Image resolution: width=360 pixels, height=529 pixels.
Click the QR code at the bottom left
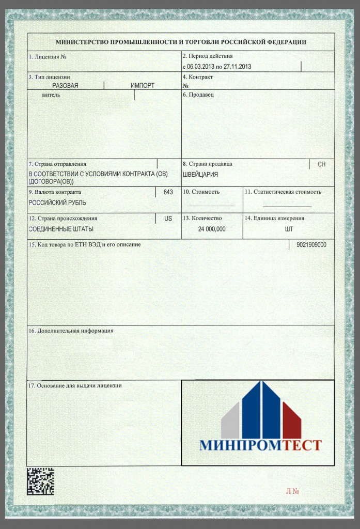40,481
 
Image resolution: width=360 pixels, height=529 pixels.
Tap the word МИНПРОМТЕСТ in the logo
260,445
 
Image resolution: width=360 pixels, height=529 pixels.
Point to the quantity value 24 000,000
212,229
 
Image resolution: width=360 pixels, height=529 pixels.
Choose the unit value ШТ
289,229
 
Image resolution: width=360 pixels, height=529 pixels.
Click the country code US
168,219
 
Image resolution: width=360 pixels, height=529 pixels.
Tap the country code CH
321,164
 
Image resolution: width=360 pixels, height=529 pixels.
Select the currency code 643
168,192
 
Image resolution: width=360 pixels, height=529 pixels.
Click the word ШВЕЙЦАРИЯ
200,175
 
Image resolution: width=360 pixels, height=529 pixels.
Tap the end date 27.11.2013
237,67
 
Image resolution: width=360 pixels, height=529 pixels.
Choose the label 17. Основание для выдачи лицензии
75,385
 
